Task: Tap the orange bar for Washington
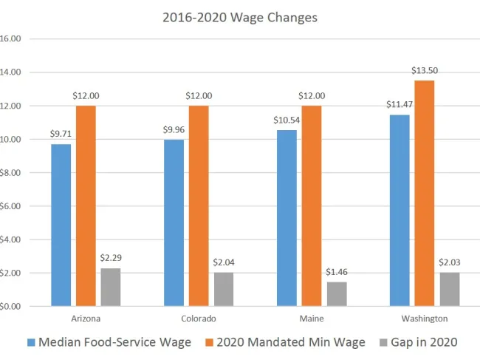click(425, 193)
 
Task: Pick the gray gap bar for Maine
click(337, 293)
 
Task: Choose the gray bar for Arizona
click(110, 287)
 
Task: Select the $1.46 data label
click(337, 272)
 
